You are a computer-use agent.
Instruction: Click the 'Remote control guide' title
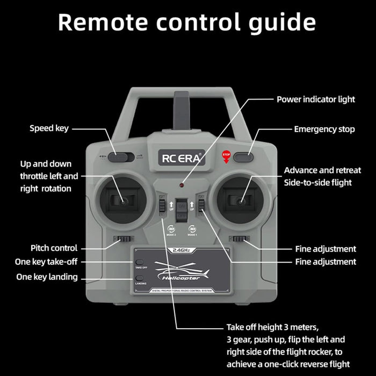click(x=186, y=22)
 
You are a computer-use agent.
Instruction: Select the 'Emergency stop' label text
click(x=324, y=129)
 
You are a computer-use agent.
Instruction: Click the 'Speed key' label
click(x=49, y=128)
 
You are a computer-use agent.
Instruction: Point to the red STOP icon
click(x=226, y=155)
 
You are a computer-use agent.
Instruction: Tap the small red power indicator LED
click(x=182, y=185)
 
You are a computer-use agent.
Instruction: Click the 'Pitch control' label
click(x=54, y=248)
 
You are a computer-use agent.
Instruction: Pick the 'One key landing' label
click(x=47, y=277)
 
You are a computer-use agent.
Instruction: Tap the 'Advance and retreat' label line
click(x=322, y=170)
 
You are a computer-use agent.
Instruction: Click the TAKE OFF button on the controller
click(x=139, y=262)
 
